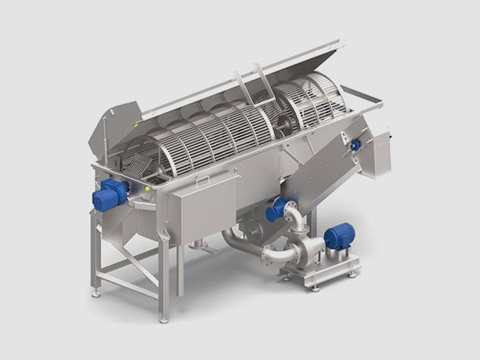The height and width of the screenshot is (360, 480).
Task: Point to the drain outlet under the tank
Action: pos(198,243)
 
